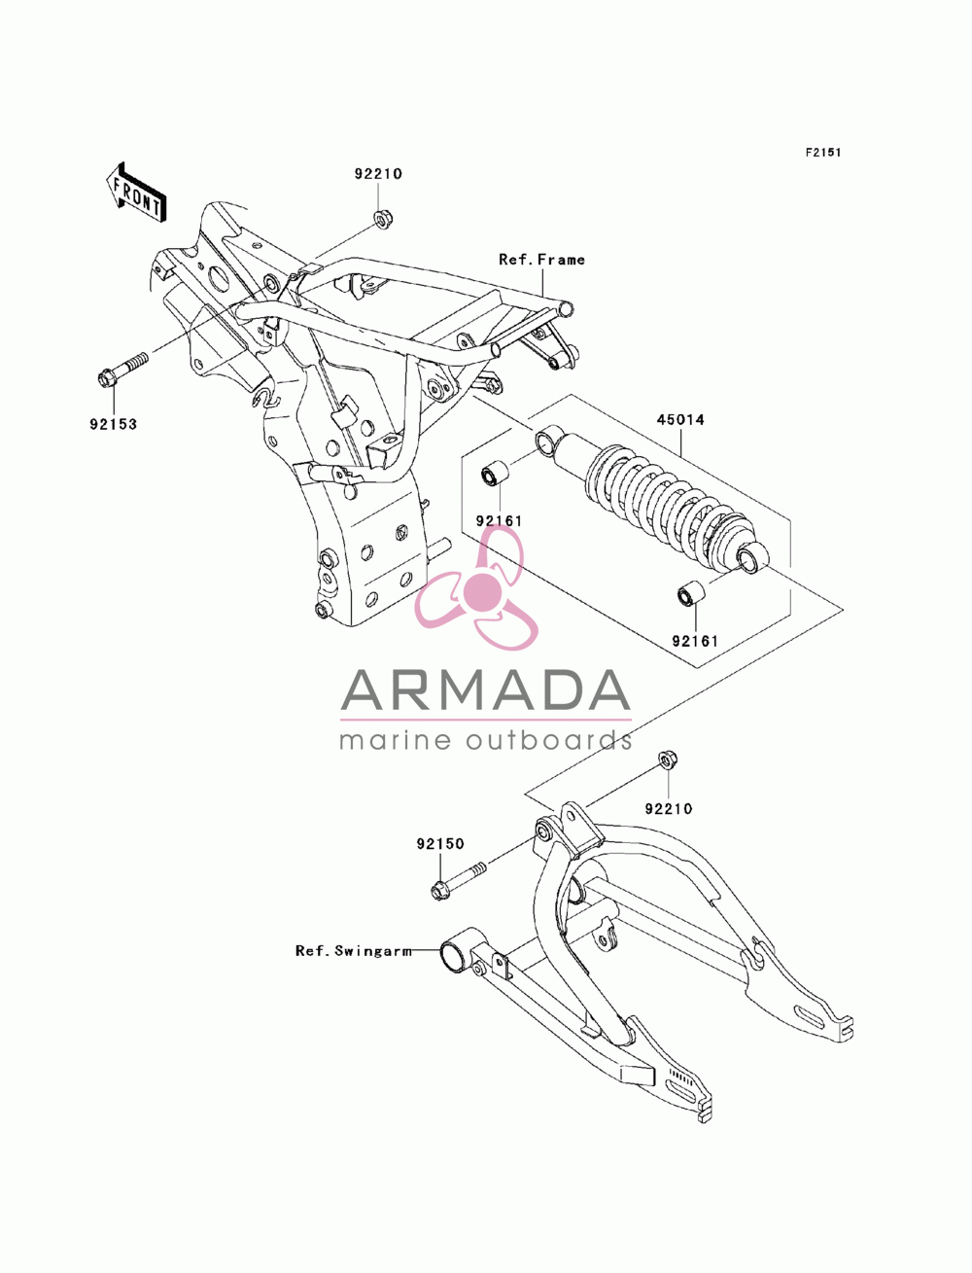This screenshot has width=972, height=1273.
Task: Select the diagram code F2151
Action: (822, 153)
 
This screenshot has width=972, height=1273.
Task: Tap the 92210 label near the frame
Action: (378, 174)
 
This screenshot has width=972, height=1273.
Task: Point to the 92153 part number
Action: (113, 424)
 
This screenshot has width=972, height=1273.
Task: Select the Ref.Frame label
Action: (541, 260)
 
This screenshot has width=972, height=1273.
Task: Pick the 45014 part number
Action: (680, 419)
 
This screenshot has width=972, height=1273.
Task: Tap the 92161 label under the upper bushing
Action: (499, 521)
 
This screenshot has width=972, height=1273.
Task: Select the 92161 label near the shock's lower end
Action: (694, 641)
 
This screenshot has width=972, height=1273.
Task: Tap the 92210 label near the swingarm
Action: (669, 808)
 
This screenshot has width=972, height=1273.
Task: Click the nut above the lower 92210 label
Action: (668, 760)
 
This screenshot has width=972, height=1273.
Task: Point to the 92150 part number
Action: (440, 844)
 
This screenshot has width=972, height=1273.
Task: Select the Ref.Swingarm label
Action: (354, 950)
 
